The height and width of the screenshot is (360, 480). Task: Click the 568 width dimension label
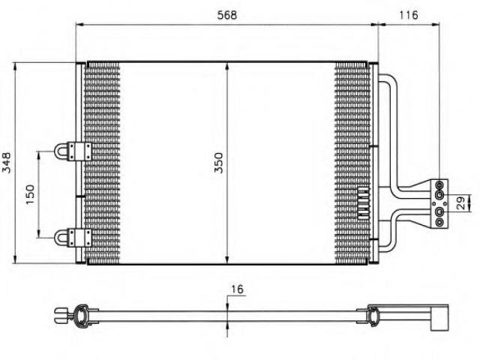coord(226,15)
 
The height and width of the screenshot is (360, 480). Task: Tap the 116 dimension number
coord(408,15)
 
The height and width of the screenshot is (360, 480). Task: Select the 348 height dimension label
coord(7,163)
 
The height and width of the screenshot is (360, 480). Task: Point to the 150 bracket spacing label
coord(30,194)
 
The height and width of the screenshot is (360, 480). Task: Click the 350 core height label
coord(218,163)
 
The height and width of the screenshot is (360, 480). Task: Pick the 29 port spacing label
coord(460,203)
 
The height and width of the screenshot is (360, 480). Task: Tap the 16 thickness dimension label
coord(237,289)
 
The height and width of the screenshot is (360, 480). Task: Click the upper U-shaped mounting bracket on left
coord(73,151)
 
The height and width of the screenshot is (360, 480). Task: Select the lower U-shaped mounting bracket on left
coord(73,238)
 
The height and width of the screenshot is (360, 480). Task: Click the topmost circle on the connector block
coord(439,185)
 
